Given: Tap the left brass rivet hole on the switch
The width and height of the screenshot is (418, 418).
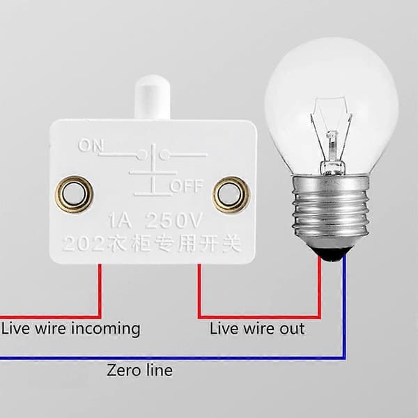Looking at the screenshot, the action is pos(74,194).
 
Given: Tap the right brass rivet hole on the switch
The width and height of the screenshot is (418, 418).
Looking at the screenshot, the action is pos(231,194).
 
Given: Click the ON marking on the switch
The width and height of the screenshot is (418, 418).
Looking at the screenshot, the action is pos(91,146).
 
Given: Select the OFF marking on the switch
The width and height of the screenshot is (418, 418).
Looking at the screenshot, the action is pos(187,186).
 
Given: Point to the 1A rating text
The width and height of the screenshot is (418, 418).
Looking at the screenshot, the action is pos(120,220).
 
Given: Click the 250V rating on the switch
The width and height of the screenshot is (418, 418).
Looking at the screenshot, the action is pos(173,220).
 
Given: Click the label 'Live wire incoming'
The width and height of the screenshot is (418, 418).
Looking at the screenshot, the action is pos(71,329).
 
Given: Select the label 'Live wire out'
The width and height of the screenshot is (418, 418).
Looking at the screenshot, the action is pos(257,329).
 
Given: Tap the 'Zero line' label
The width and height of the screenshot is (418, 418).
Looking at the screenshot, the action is pos(139,370).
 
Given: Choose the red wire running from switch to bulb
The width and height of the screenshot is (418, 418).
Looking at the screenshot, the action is pos(259,317).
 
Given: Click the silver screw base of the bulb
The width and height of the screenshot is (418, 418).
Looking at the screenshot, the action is pos(330,210).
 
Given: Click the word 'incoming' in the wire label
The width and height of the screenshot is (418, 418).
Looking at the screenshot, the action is pos(106,330).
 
